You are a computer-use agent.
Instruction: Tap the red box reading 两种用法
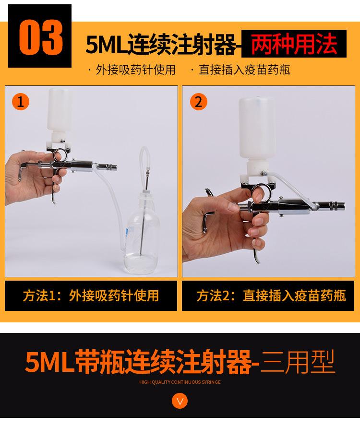293,44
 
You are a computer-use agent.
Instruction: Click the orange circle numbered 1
20,102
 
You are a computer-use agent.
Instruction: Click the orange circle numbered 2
198,102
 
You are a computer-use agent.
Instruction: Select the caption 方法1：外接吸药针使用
91,296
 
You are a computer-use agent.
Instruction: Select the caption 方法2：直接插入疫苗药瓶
271,296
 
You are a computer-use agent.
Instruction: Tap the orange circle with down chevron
180,401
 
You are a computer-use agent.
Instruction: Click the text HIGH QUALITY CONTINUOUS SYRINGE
180,382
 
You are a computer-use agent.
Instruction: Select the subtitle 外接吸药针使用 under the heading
135,70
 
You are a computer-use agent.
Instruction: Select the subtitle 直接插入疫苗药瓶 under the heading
244,70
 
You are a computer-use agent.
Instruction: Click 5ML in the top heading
103,45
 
